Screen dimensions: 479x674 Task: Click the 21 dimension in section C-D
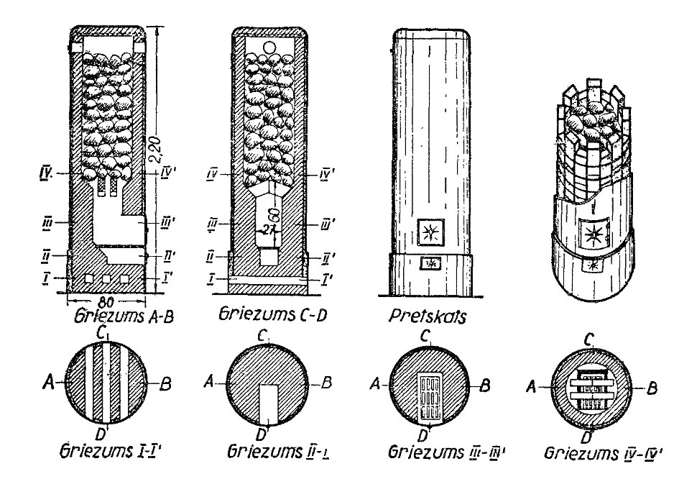(269, 230)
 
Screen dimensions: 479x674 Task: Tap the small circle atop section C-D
(270, 47)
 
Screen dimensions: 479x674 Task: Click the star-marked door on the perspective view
(594, 234)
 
